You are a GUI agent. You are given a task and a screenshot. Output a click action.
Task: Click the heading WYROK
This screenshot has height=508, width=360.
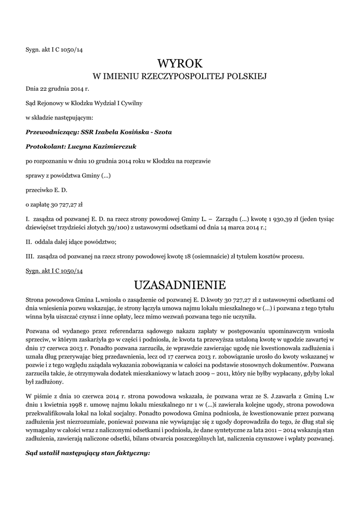180,64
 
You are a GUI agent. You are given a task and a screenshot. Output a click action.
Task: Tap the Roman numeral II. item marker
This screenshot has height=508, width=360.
29,242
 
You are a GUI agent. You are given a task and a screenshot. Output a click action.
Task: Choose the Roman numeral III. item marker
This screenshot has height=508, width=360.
30,256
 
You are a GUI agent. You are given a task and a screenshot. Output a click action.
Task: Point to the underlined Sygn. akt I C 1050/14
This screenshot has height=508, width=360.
54,271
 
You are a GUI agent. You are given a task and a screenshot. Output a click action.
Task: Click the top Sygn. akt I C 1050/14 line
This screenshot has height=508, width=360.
54,49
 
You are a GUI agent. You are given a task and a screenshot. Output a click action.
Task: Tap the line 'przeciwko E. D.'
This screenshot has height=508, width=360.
46,190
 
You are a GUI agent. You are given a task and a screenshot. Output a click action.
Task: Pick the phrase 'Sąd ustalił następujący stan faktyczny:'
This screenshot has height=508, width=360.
87,453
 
